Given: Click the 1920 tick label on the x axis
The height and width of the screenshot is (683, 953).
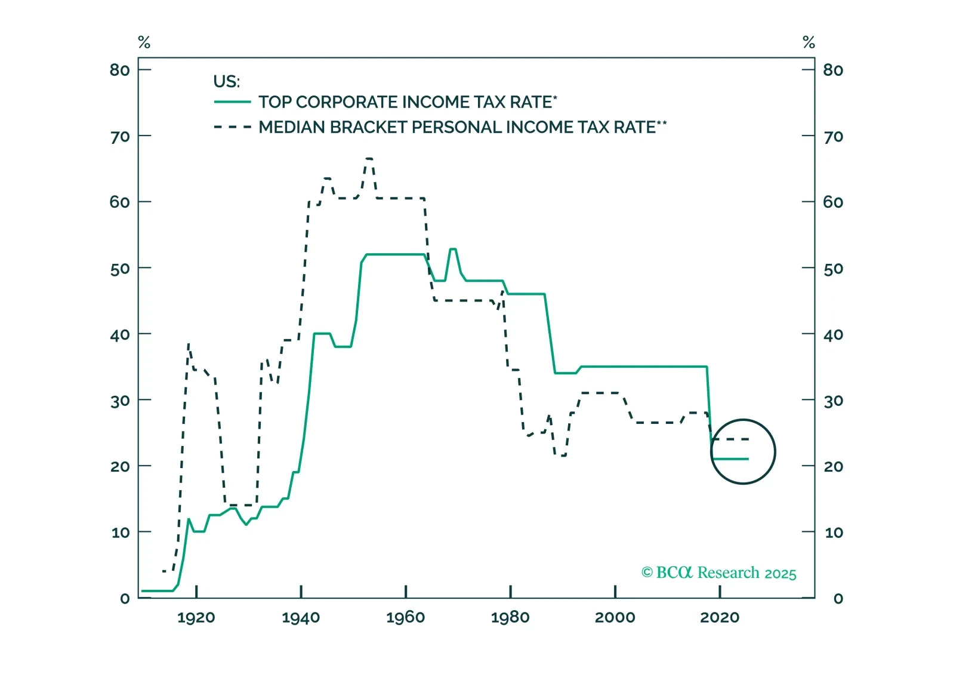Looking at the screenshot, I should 196,618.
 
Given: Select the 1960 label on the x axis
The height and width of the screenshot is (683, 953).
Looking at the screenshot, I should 405,618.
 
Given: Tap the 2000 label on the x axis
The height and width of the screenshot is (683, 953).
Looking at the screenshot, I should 615,618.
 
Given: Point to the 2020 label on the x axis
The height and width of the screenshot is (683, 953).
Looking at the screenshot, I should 720,618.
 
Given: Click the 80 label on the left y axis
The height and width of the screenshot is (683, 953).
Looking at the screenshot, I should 120,70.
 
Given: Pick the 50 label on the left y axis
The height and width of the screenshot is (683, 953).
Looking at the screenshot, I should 120,269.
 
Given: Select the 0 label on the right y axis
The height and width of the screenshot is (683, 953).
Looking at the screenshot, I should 838,599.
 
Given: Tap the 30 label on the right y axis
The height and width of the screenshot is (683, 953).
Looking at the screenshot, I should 833,401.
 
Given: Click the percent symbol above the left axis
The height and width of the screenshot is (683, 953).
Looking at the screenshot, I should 144,42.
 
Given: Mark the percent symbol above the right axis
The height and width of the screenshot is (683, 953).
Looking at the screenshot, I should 809,42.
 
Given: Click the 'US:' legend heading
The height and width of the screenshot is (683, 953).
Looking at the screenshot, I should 226,81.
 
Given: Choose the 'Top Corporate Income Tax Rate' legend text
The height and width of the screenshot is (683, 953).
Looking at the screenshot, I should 408,102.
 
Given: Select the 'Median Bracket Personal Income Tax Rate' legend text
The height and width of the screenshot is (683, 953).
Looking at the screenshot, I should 462,127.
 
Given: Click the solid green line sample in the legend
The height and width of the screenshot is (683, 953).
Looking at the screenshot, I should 232,102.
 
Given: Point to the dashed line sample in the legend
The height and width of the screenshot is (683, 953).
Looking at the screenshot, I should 232,127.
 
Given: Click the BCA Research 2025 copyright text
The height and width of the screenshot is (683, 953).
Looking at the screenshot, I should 718,573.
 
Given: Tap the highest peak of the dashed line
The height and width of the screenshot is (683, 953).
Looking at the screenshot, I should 369,159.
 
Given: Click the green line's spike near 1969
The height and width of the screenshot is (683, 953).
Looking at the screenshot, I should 453,249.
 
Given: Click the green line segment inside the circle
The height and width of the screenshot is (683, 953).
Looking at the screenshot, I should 730,459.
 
